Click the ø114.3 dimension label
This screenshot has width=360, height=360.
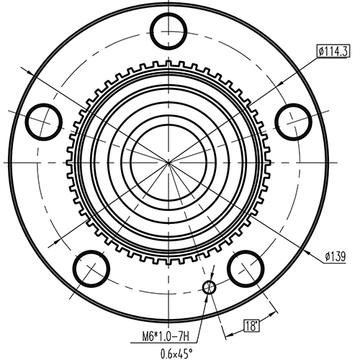(333, 51)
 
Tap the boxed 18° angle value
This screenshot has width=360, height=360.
(251, 325)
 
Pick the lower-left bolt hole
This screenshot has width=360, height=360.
(91, 269)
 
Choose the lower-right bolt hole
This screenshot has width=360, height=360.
(246, 268)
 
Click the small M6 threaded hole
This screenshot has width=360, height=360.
(209, 288)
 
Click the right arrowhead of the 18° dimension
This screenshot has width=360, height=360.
(276, 310)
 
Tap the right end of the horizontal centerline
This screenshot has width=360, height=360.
(346, 163)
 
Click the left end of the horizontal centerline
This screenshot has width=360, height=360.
(2, 163)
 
